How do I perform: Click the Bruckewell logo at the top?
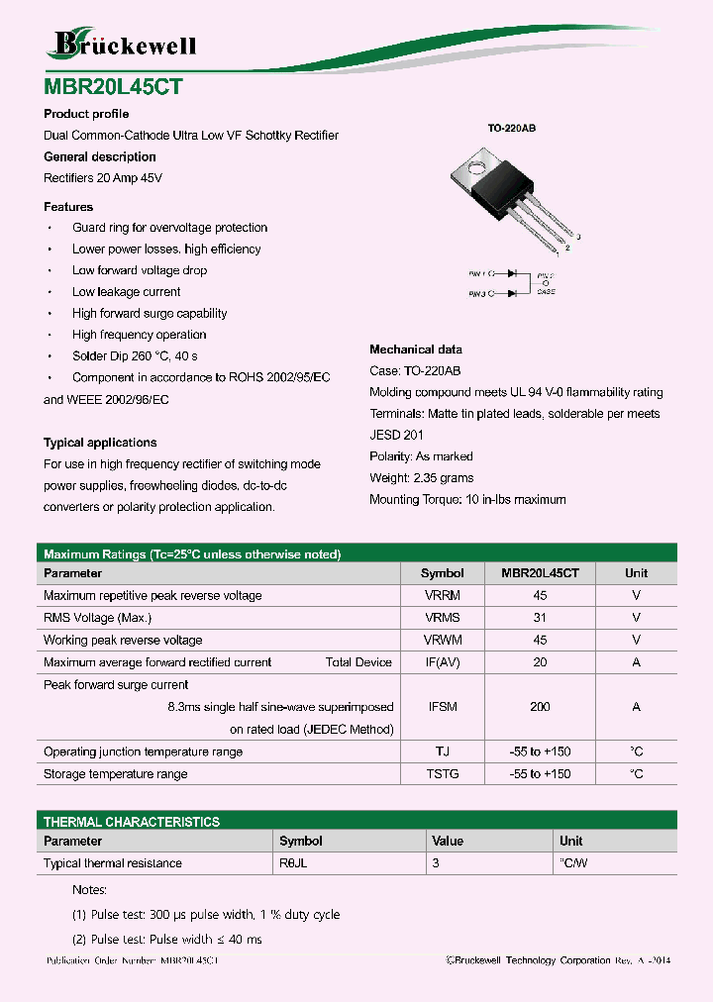pos(124,44)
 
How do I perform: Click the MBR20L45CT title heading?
pos(112,86)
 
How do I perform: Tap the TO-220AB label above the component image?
pos(511,129)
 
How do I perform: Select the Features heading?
pos(68,207)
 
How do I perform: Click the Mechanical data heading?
pos(416,350)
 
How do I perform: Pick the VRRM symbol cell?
pos(442,596)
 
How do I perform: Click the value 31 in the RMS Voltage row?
pos(540,618)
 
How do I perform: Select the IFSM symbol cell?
pos(442,707)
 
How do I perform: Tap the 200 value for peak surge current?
pos(540,707)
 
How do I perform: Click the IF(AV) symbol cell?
pos(442,662)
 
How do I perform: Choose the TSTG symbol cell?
pos(442,774)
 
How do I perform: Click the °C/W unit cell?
pos(573,863)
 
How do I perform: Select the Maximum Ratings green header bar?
pos(357,554)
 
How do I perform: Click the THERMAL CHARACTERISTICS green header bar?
pos(357,822)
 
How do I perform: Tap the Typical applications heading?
pos(100,443)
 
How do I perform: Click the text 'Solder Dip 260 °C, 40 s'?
pos(135,356)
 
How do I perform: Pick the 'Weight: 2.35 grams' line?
pos(423,478)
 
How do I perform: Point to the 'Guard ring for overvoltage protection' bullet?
pos(169,228)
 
